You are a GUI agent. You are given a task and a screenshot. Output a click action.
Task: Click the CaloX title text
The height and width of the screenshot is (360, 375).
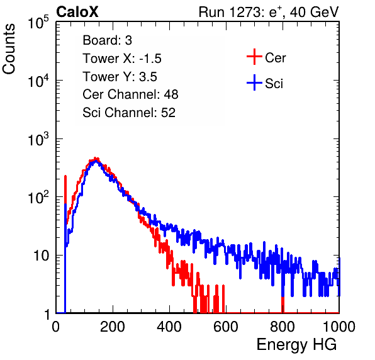77,12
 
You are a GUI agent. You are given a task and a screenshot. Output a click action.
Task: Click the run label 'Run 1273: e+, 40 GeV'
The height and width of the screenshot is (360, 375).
269,12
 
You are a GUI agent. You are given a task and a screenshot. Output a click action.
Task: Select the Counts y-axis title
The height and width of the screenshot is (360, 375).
9,49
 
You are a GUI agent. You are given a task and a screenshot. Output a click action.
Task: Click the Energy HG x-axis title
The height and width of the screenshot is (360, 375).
296,345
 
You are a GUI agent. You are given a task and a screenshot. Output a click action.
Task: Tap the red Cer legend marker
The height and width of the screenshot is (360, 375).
254,57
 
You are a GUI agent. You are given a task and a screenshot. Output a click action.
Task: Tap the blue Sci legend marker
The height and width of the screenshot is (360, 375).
254,83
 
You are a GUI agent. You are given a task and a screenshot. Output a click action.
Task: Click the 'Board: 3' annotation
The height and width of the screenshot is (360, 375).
108,40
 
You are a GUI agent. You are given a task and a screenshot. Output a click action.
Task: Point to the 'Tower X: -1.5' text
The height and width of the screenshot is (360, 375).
122,59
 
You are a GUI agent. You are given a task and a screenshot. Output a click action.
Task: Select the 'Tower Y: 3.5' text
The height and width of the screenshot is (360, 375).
120,77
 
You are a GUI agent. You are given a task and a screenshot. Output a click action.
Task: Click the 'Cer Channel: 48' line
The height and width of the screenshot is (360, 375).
130,94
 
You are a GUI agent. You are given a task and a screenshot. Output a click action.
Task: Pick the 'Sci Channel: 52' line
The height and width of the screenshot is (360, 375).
129,113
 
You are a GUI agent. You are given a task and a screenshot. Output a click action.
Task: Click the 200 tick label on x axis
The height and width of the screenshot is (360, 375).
113,327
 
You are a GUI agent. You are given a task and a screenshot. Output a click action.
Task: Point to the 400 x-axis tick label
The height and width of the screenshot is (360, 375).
169,327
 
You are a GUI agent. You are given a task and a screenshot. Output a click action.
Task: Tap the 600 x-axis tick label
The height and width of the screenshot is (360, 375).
226,327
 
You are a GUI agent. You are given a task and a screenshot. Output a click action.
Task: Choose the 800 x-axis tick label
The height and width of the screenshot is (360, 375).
283,327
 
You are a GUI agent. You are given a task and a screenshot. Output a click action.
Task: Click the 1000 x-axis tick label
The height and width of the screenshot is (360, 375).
339,327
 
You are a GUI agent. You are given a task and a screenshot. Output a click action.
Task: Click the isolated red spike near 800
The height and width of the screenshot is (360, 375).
283,304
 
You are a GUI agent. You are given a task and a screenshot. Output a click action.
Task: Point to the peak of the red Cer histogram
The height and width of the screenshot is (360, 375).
96,158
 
